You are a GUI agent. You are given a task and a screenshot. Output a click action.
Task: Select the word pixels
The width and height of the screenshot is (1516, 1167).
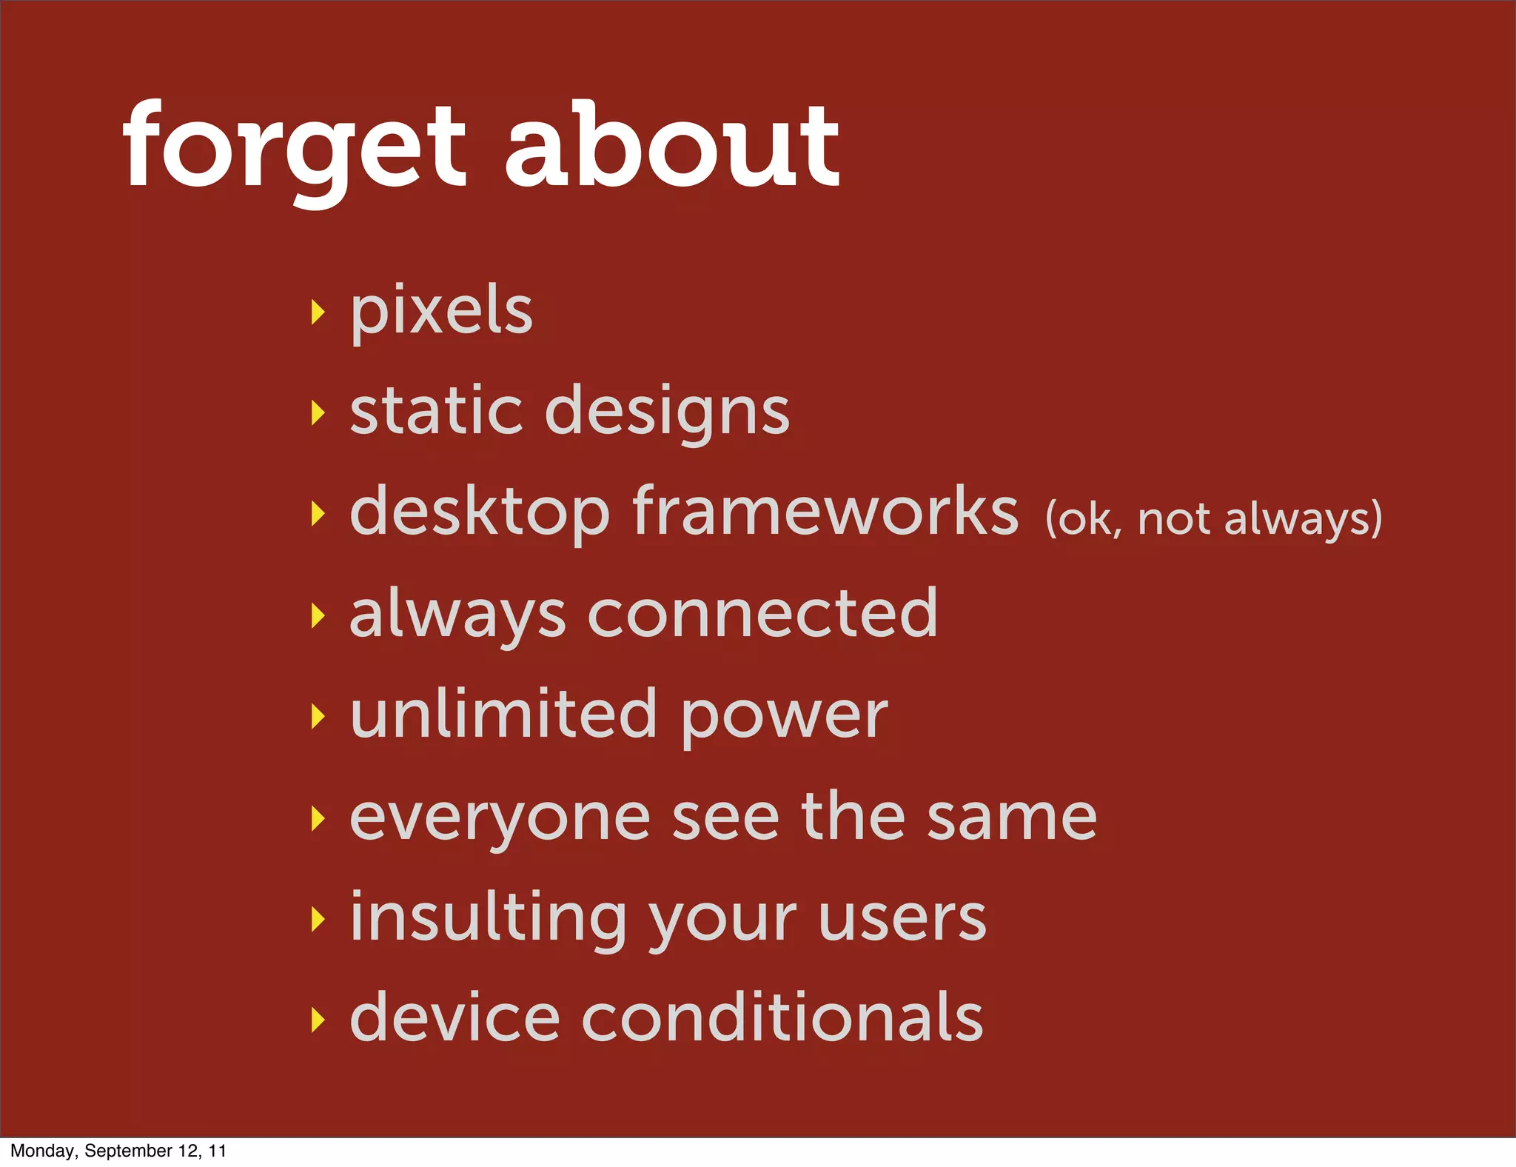tap(441, 311)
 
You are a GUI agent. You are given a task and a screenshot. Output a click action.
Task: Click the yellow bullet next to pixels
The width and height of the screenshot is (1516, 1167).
tap(318, 312)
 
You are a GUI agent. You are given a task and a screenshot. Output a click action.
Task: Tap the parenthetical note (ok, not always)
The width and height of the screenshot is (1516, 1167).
tap(1213, 518)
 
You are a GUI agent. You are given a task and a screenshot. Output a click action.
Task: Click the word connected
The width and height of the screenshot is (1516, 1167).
tap(762, 613)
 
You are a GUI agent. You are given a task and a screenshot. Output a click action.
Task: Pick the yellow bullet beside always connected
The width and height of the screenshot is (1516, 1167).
tap(318, 615)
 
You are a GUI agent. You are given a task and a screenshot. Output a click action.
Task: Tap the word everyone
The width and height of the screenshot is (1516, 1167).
tap(500, 819)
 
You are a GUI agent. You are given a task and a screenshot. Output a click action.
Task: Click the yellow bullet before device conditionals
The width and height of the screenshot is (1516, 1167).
tap(318, 1020)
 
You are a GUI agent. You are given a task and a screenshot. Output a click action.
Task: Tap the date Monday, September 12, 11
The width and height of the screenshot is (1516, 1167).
tap(118, 1151)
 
